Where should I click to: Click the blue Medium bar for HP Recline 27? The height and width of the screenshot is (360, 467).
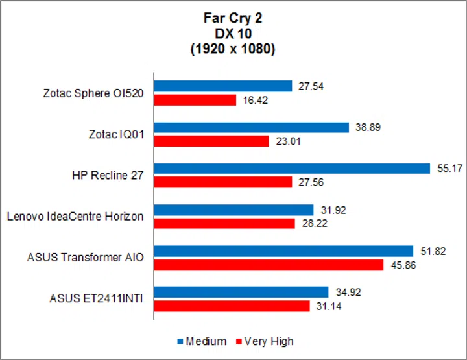291,169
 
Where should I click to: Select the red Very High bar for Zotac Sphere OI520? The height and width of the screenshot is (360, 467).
195,100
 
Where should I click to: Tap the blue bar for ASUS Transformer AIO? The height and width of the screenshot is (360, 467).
283,251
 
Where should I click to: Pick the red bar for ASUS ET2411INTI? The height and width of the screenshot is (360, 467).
232,306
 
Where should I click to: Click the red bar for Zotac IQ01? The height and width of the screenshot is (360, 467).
211,141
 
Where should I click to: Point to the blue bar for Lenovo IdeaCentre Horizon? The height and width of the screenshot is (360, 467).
232,210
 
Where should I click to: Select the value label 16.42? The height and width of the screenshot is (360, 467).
253,101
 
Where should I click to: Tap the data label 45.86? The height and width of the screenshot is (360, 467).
402,265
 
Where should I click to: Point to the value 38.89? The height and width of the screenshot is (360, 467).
366,128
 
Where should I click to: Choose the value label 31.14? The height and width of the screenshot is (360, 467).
328,306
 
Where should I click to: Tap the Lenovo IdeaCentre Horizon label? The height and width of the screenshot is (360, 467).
75,217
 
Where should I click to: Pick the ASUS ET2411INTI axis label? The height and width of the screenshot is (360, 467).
96,299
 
